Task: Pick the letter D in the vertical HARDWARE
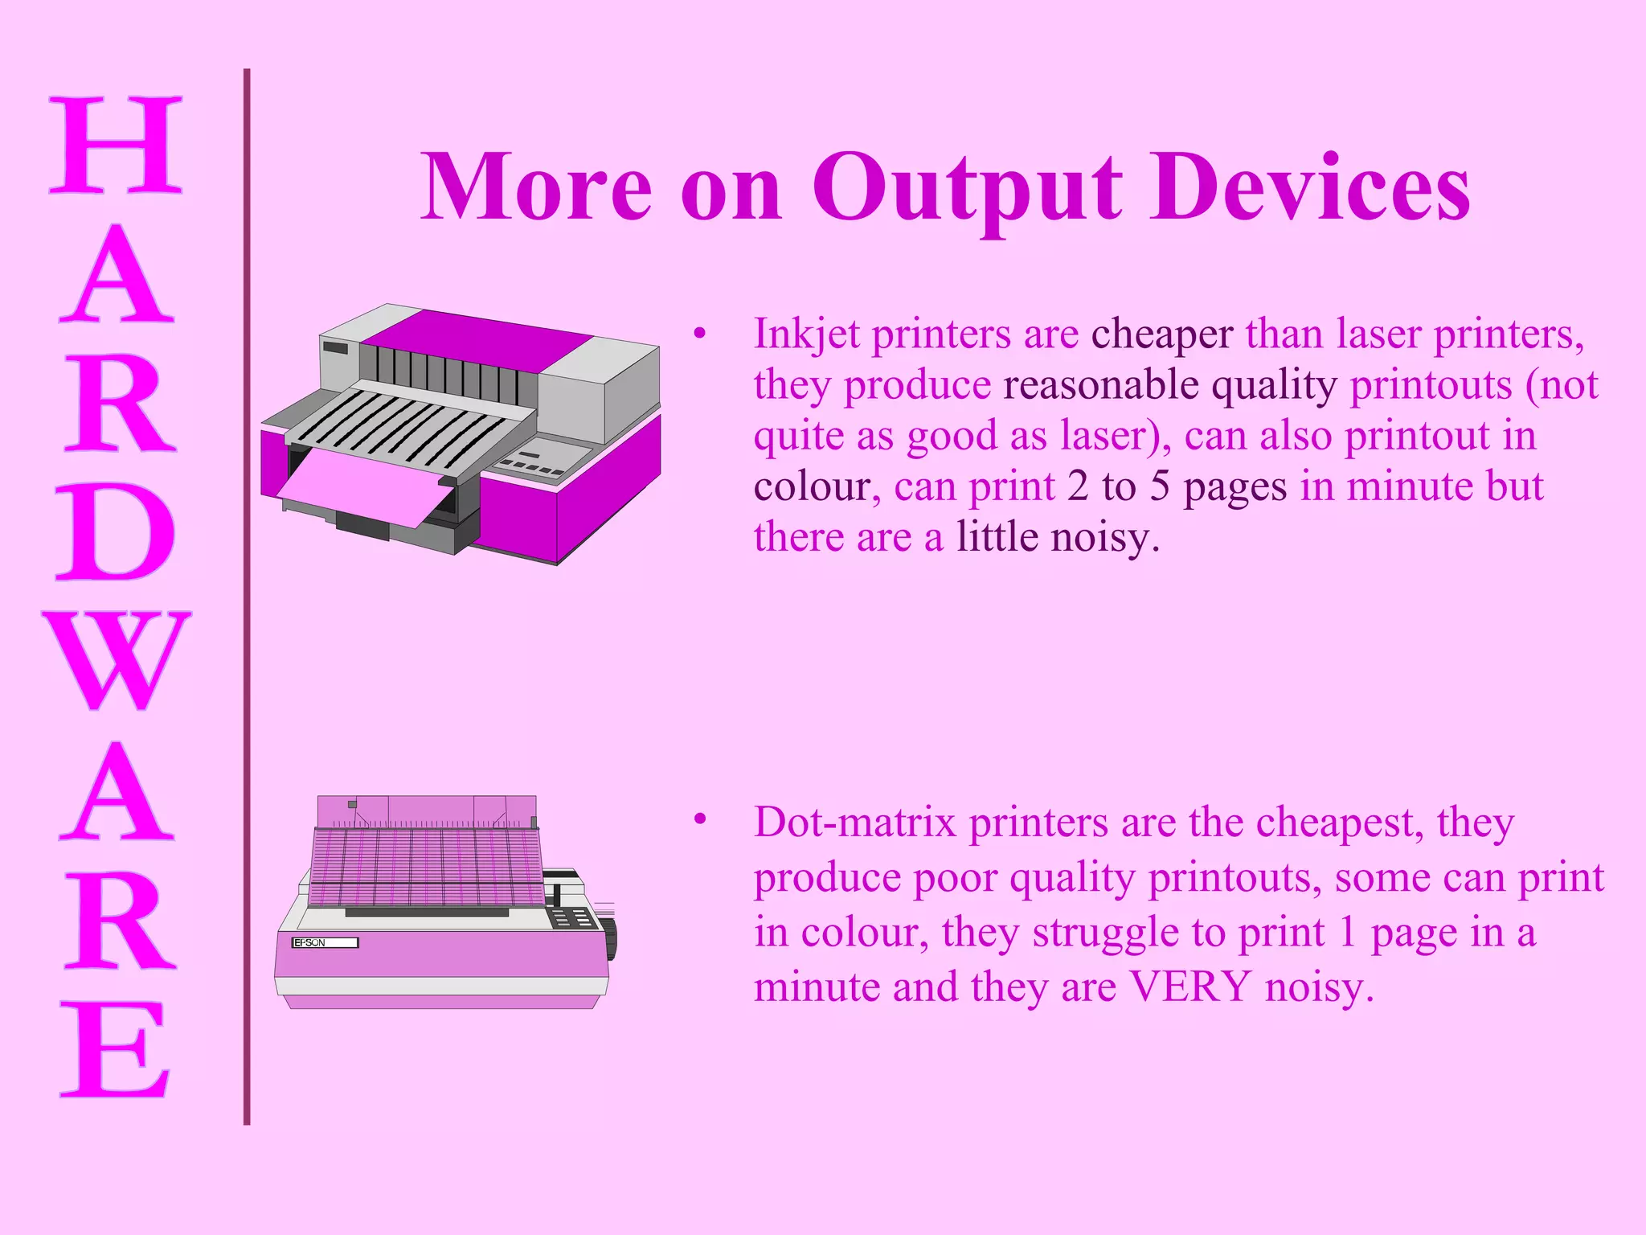click(x=116, y=532)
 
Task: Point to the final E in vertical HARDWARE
click(x=116, y=1049)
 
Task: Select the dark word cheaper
click(x=1161, y=334)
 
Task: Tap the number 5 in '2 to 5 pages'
click(x=1159, y=486)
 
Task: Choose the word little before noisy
click(x=997, y=536)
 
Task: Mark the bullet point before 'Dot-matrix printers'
click(x=700, y=819)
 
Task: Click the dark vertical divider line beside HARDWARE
click(x=247, y=595)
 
